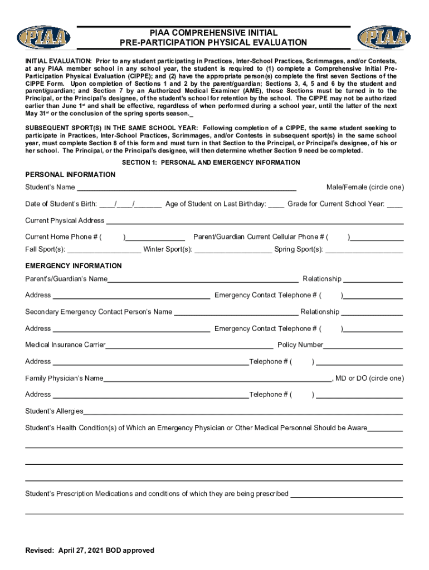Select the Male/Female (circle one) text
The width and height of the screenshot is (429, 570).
(365, 187)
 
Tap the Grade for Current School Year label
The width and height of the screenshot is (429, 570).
(335, 204)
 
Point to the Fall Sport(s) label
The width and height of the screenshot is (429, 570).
(45, 249)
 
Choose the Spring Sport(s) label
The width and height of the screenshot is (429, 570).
(299, 249)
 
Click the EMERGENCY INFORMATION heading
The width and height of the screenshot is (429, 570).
(73, 266)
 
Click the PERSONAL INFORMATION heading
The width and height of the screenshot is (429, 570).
(70, 175)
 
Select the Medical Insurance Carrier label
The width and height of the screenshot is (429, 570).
(65, 345)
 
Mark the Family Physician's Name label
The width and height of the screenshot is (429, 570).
(64, 378)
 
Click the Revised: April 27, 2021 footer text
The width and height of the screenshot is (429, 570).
(90, 551)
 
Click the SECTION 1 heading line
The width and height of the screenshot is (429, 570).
(211, 163)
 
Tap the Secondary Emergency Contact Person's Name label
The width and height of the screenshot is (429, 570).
(99, 312)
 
